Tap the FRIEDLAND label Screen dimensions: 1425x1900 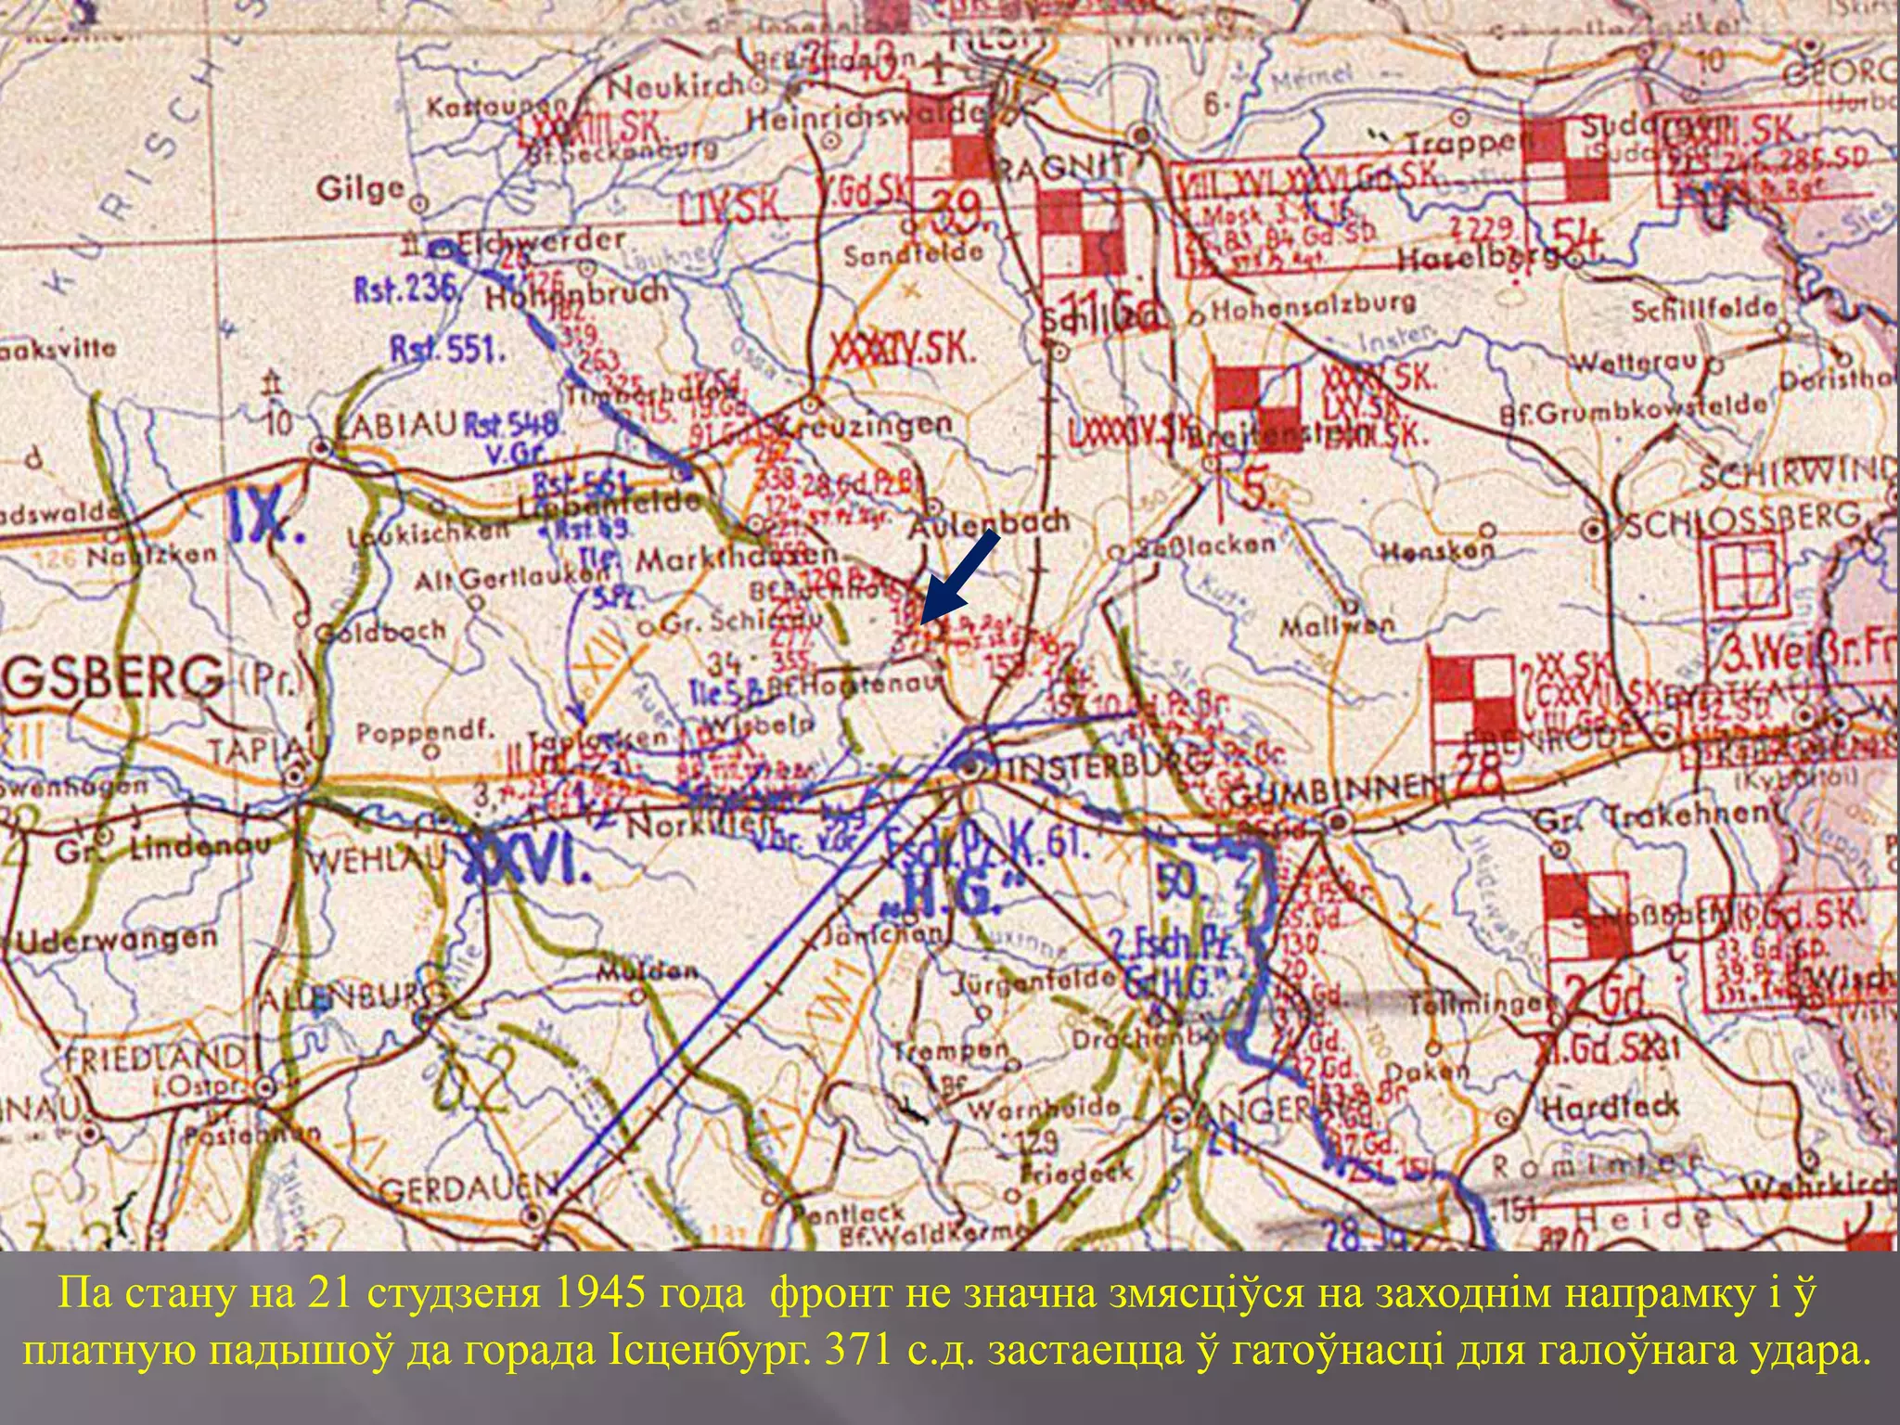click(x=154, y=1058)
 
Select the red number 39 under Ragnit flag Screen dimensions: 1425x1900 click(x=957, y=213)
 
